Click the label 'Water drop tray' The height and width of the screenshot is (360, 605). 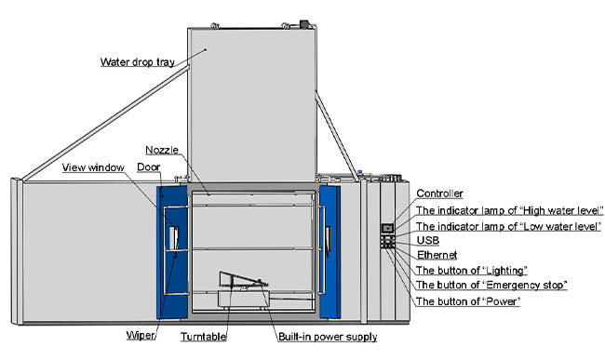(137, 62)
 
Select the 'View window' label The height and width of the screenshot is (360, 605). (94, 167)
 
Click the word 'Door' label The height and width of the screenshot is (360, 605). (148, 167)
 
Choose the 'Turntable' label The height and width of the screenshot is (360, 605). (204, 336)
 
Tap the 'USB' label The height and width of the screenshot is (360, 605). (426, 239)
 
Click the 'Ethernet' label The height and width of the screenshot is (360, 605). (436, 254)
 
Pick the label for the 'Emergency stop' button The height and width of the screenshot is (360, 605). (491, 285)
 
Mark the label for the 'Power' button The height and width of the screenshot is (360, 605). (467, 301)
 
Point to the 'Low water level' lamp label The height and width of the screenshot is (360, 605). (508, 225)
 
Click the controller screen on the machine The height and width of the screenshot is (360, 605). (388, 228)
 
